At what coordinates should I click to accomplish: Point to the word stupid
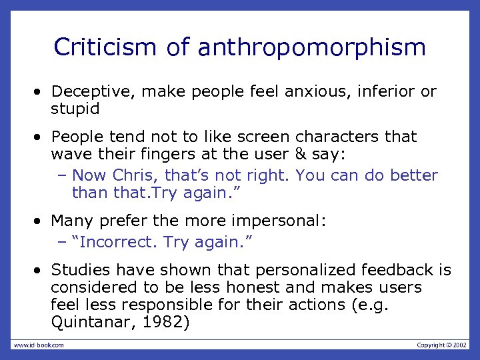point(75,109)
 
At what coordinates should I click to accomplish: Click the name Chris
point(133,175)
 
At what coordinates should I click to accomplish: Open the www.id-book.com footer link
point(39,345)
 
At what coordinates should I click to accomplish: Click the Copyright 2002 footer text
point(442,345)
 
